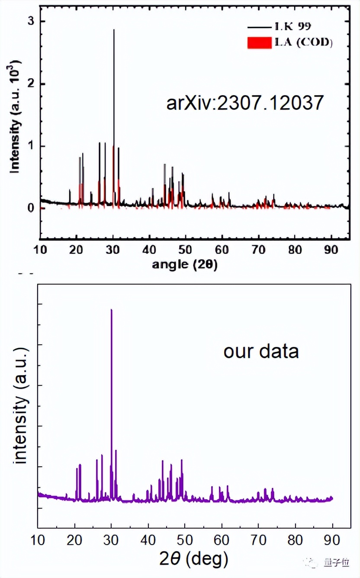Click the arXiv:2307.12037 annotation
coord(245,103)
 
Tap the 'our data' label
coord(261,351)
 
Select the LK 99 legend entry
coord(292,27)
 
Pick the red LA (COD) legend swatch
coord(259,43)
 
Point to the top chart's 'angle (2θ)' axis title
coord(185,264)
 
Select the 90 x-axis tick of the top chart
coord(331,250)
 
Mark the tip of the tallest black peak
coord(114,30)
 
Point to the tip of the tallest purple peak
coord(111,310)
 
